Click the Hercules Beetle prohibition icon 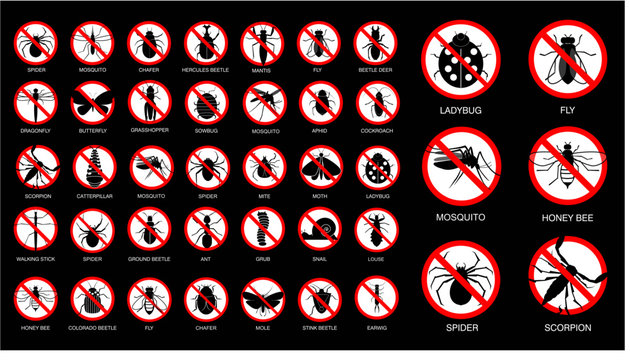pos(205,43)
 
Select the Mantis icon pos(262,43)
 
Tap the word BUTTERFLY pos(91,131)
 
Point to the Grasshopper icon pos(148,103)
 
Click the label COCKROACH pos(377,131)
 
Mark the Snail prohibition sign pos(320,231)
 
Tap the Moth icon pos(320,167)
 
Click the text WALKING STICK pos(35,259)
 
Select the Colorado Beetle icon pos(91,297)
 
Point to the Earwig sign pos(377,297)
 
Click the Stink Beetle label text pos(320,326)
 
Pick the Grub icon pos(262,231)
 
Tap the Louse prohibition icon pos(377,231)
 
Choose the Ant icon pos(205,231)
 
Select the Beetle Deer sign pos(377,43)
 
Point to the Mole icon pos(262,297)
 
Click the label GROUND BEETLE pos(148,259)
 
